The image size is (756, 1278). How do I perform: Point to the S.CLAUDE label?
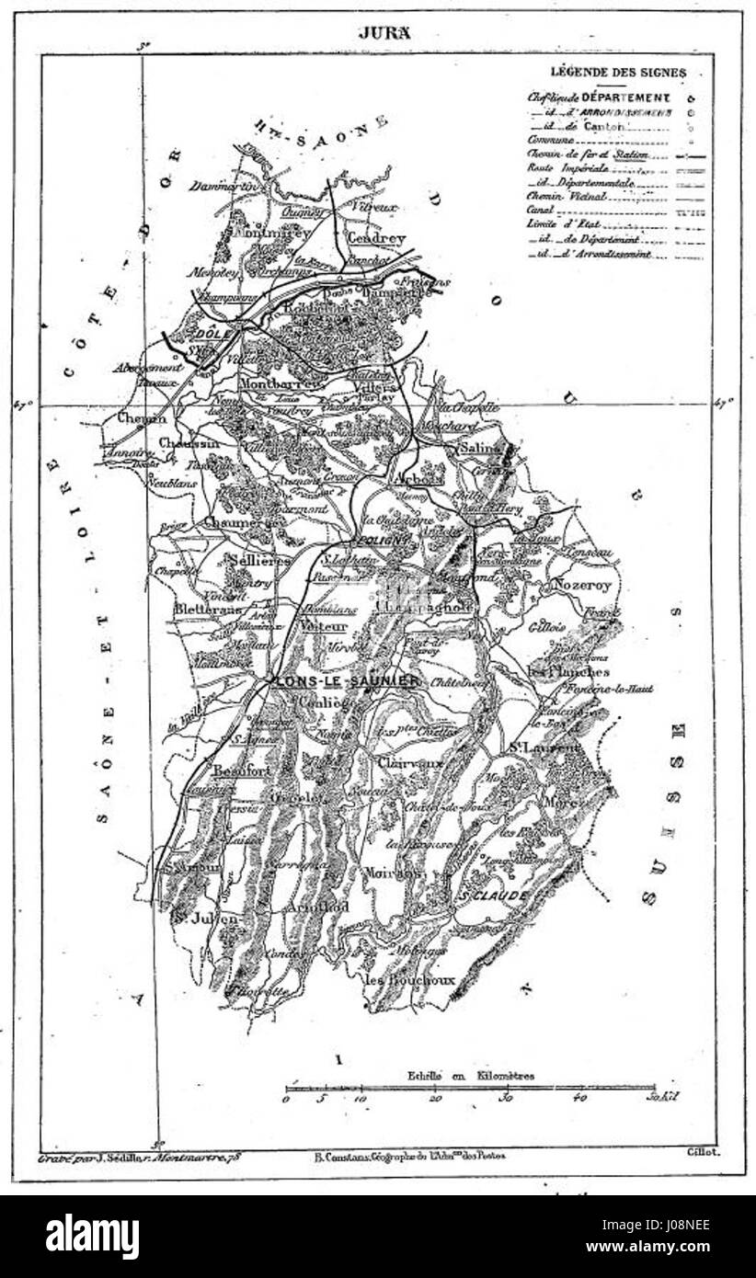[x=493, y=895]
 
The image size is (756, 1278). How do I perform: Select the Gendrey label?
[x=375, y=236]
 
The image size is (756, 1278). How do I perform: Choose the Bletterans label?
[x=211, y=610]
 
